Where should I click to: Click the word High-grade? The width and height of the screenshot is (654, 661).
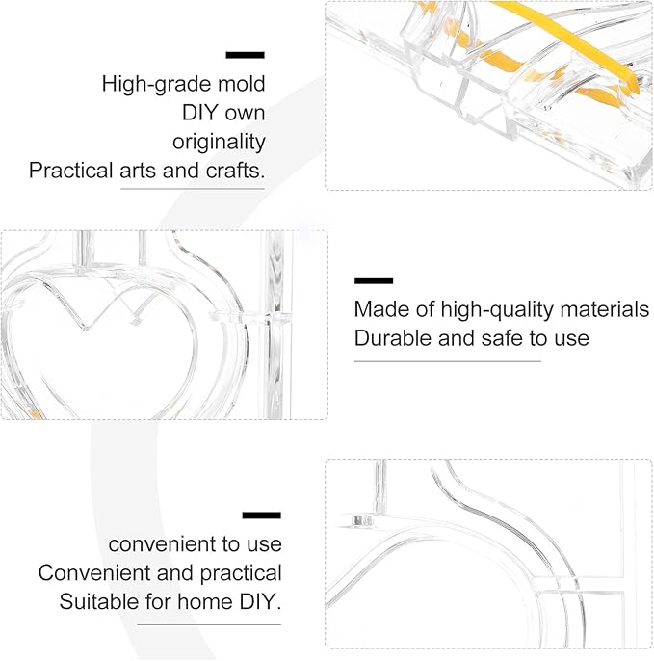(156, 84)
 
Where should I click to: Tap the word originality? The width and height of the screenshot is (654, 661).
(219, 142)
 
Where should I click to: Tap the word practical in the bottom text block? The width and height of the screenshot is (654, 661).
(241, 573)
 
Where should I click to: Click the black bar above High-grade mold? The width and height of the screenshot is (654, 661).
(246, 55)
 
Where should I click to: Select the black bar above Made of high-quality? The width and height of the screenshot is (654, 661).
(374, 280)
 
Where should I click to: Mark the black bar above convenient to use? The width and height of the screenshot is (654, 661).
(262, 516)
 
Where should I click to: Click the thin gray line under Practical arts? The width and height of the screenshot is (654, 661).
(193, 189)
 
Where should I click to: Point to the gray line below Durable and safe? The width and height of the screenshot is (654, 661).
(448, 361)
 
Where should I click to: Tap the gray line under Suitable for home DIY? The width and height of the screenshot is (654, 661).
(209, 624)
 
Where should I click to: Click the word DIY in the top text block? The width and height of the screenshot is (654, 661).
(200, 113)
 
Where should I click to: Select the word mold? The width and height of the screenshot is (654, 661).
(242, 84)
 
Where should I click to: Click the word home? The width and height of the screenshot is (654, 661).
(206, 601)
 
